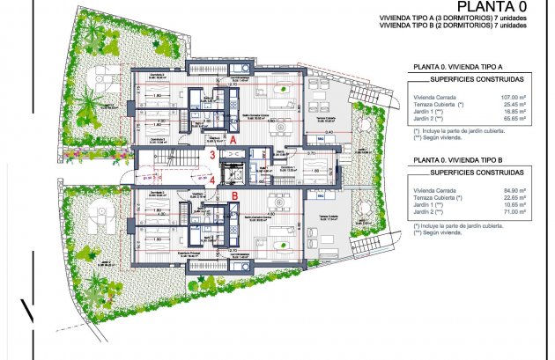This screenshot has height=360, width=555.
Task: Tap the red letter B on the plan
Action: click(x=235, y=196)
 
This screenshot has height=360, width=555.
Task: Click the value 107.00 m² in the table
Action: click(x=514, y=97)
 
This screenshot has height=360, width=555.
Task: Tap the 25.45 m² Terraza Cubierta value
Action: click(x=515, y=104)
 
